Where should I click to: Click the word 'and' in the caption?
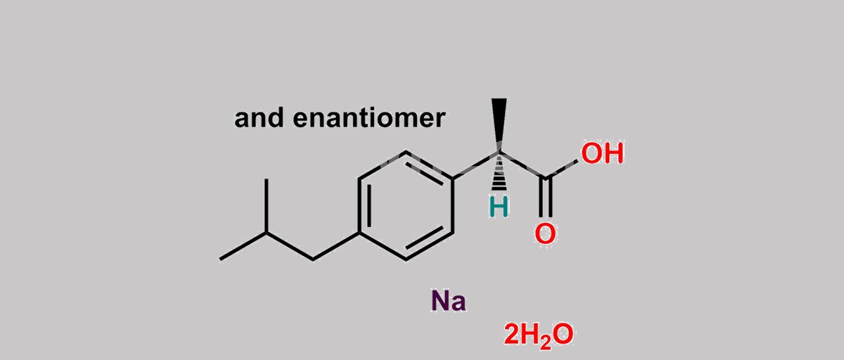259,118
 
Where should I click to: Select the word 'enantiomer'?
369,118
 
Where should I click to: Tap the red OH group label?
602,153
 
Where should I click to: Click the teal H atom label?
499,207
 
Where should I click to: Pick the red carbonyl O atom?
545,233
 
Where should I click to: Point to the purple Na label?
449,301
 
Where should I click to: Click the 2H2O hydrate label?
539,335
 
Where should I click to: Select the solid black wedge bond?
499,125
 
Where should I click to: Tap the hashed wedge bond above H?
499,172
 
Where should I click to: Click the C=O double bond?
545,197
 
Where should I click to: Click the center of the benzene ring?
406,205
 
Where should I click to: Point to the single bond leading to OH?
561,169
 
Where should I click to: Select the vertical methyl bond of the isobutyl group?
267,205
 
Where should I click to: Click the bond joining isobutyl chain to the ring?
335,246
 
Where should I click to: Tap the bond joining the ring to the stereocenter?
476,165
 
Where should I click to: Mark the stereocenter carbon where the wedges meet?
499,153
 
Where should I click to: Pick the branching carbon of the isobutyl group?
267,233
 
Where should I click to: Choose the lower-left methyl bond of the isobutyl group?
243,246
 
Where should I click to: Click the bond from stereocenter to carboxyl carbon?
522,165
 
